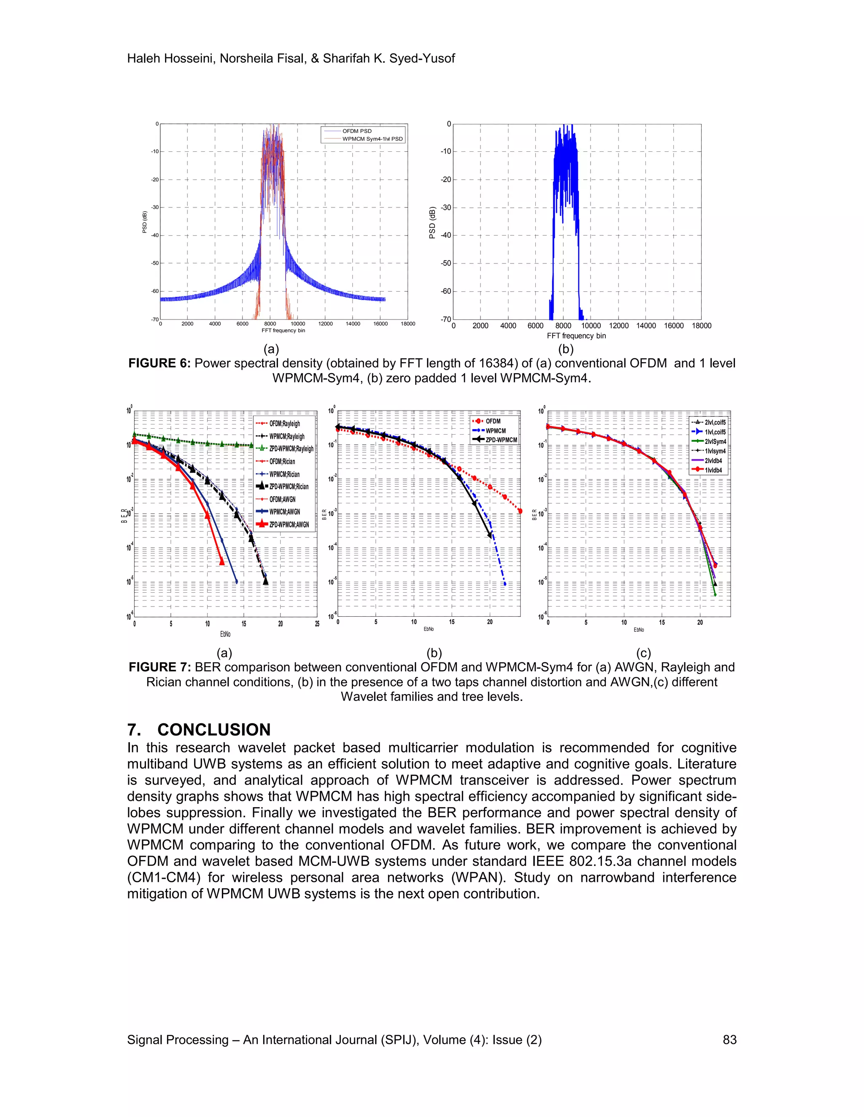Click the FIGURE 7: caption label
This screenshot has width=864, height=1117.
160,667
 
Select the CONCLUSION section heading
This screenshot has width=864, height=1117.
213,729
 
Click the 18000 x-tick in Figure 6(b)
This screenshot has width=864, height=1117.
701,326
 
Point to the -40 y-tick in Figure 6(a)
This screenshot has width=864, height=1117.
154,235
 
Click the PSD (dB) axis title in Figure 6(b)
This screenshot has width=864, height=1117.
432,223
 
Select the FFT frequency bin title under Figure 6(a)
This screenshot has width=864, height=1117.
283,330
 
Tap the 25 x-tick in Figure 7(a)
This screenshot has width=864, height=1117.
317,624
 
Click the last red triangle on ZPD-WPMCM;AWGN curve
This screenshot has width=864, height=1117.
221,562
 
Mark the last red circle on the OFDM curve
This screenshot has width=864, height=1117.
520,511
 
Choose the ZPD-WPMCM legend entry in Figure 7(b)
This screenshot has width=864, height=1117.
501,440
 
